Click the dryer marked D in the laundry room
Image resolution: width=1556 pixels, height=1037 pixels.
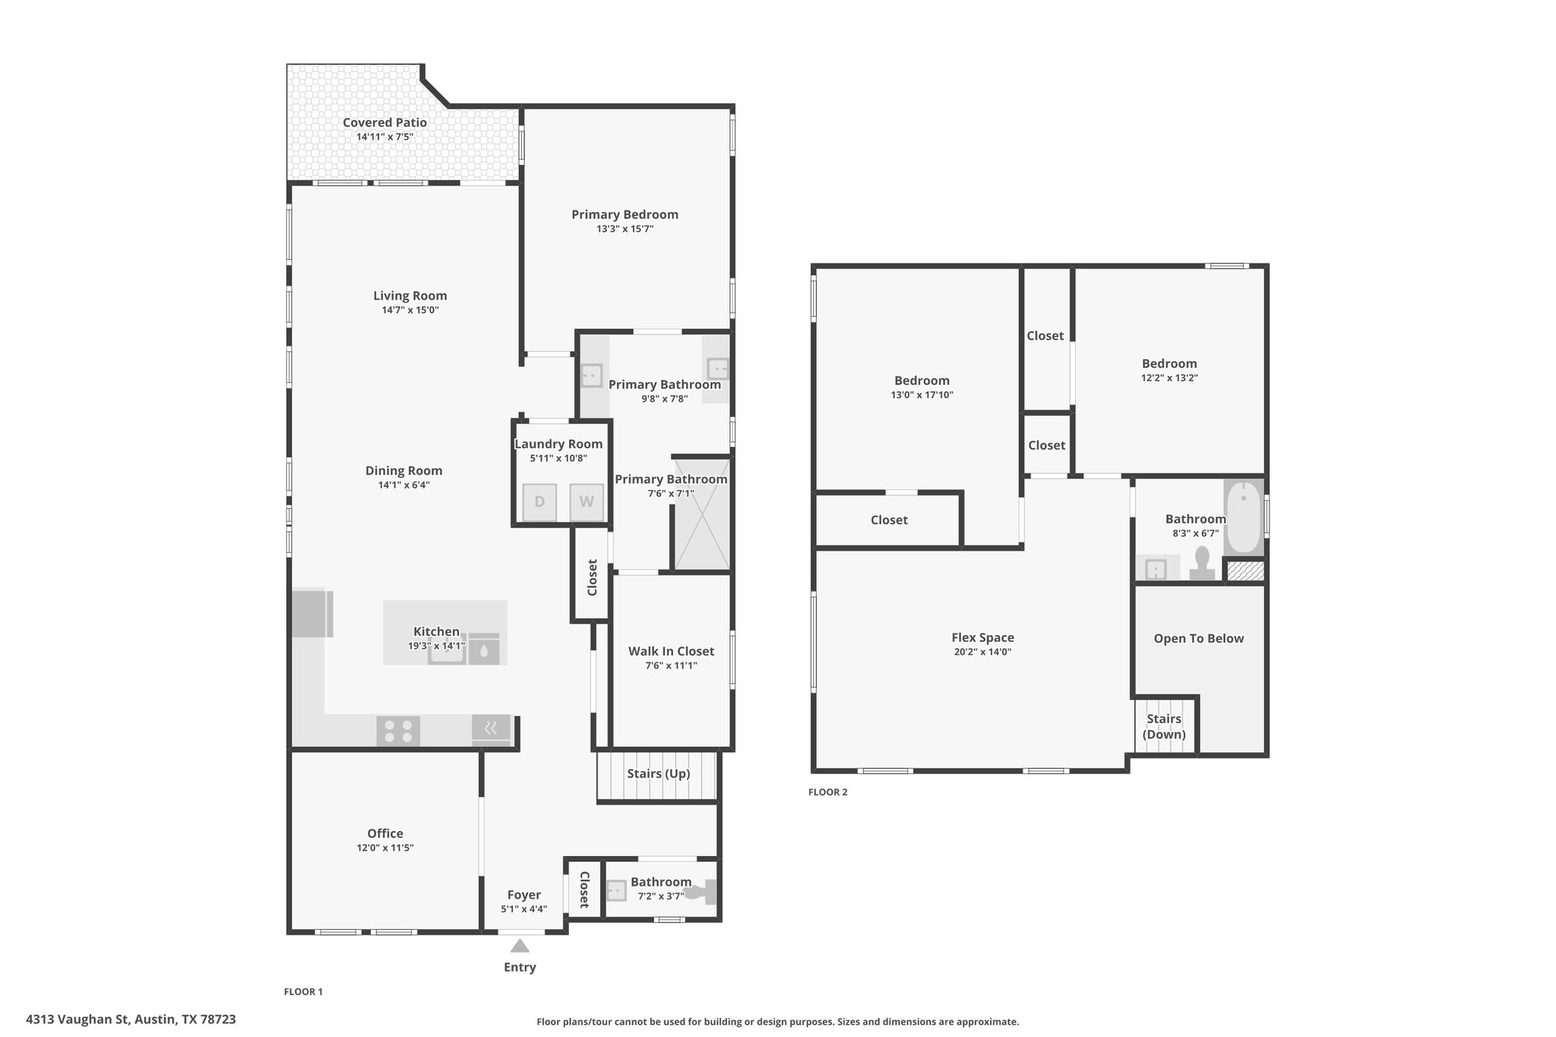coord(539,501)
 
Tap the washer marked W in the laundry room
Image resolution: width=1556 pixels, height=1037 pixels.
coord(587,501)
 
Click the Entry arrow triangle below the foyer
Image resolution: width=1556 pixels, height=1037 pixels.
coord(520,945)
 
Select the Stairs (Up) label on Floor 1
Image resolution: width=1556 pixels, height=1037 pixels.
coord(659,773)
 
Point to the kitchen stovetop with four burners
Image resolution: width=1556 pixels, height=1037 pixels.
coord(398,731)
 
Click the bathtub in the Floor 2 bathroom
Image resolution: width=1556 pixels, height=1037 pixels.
coord(1244,516)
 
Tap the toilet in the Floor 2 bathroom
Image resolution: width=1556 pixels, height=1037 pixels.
coord(1202,563)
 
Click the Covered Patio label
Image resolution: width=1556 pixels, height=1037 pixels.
coord(384,122)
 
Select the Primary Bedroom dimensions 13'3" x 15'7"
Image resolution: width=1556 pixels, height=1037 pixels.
coord(625,229)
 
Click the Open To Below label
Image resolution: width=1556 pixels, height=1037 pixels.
coord(1199,638)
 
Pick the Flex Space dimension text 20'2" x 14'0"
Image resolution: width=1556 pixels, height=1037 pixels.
coord(983,652)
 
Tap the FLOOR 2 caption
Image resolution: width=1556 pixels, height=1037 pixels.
coord(827,792)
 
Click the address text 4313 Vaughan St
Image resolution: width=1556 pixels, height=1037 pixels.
coord(77,1019)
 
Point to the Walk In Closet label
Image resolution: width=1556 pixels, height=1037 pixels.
coord(671,651)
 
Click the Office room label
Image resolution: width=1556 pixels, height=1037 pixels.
coord(385,833)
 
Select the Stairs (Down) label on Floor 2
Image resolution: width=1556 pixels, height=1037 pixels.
coord(1164,726)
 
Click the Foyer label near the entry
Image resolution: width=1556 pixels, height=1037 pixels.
coord(524,895)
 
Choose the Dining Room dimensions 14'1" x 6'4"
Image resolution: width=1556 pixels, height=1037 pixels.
coord(404,485)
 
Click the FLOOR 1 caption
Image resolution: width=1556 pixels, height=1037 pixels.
coord(303,991)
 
